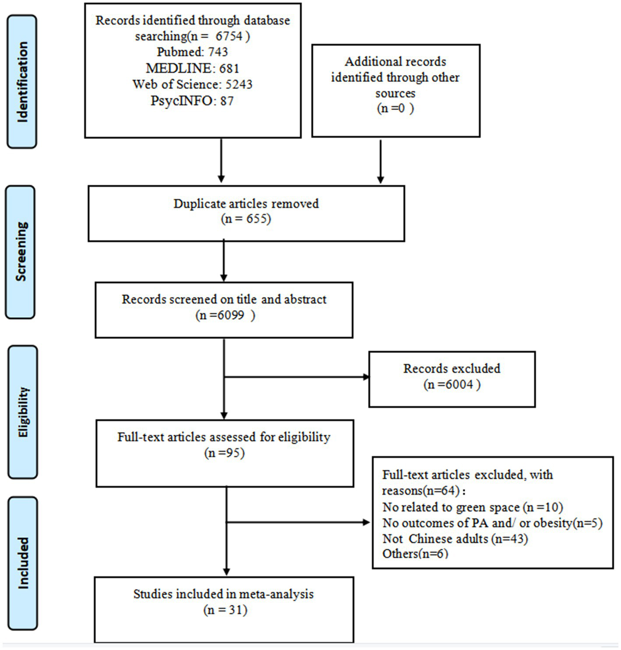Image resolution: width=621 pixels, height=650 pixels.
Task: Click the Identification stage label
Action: (22, 82)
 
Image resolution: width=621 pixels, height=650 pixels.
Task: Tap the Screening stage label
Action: (21, 251)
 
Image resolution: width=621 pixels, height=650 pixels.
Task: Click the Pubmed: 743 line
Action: (192, 52)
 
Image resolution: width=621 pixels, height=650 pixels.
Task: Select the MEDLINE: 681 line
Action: (192, 68)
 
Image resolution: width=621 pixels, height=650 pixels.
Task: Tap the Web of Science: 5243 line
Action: (192, 84)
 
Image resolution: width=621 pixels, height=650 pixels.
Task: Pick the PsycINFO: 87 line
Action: (192, 100)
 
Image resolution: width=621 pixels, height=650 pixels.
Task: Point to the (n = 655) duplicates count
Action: (246, 219)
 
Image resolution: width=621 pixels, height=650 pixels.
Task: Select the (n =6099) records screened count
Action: (225, 315)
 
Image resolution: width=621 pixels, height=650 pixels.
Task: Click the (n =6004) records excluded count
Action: (452, 385)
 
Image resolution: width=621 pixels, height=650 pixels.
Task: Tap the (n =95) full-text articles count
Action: (224, 452)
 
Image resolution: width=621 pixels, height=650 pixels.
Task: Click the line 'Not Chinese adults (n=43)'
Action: (455, 538)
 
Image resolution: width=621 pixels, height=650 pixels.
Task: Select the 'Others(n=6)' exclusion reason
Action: (415, 554)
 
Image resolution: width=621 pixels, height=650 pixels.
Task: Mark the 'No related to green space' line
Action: (473, 507)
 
